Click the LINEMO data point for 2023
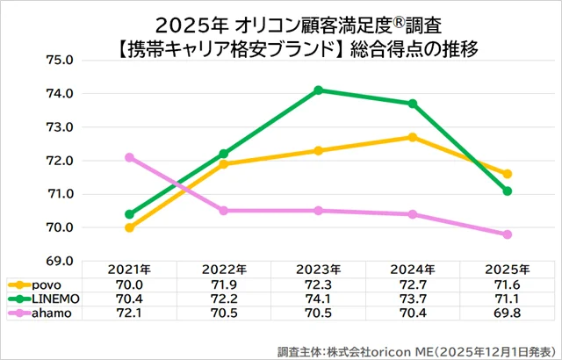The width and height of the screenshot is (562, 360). pyautogui.click(x=318, y=90)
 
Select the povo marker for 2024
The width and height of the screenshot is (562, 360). pyautogui.click(x=413, y=137)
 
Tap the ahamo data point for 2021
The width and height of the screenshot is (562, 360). pyautogui.click(x=130, y=157)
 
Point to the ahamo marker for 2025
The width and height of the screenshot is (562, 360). pyautogui.click(x=508, y=234)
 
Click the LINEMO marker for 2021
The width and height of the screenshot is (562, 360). pyautogui.click(x=130, y=214)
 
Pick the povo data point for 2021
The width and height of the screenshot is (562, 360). pyautogui.click(x=130, y=227)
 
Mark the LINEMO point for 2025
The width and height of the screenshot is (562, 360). pyautogui.click(x=508, y=191)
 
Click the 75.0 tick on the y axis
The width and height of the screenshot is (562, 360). pyautogui.click(x=63, y=61)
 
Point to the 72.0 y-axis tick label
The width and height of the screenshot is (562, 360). pyautogui.click(x=63, y=161)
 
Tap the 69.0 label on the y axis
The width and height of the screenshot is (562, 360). pyautogui.click(x=63, y=261)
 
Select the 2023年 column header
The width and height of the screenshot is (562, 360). pyautogui.click(x=318, y=269)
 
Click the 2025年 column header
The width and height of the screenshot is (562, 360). pyautogui.click(x=508, y=269)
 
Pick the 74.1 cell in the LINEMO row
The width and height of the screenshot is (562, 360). pyautogui.click(x=318, y=300)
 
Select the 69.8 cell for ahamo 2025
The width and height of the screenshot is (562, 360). pyautogui.click(x=508, y=315)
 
